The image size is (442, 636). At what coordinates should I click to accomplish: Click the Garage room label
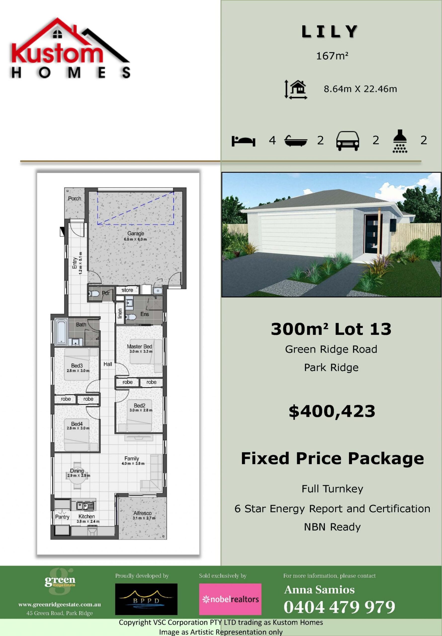click(135, 233)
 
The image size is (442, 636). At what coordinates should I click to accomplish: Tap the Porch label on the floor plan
click(75, 199)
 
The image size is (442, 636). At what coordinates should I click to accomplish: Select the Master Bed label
click(139, 346)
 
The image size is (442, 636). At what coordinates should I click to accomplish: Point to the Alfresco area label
click(142, 513)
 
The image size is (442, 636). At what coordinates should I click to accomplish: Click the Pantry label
click(62, 517)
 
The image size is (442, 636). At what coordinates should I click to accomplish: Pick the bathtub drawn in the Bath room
click(61, 332)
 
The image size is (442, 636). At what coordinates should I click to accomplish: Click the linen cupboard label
click(120, 313)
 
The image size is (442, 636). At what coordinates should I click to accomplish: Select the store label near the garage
click(127, 290)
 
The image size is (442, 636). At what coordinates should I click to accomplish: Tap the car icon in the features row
click(348, 141)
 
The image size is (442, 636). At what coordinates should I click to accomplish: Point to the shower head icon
click(400, 141)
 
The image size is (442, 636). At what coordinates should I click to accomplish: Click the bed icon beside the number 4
click(243, 141)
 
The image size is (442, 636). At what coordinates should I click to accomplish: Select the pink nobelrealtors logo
click(230, 599)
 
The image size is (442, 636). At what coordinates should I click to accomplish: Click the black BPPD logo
click(146, 599)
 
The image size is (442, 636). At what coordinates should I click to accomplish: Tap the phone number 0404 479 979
click(339, 607)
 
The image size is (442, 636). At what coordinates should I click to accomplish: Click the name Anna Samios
click(319, 590)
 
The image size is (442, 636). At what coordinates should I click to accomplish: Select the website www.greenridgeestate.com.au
click(60, 605)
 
